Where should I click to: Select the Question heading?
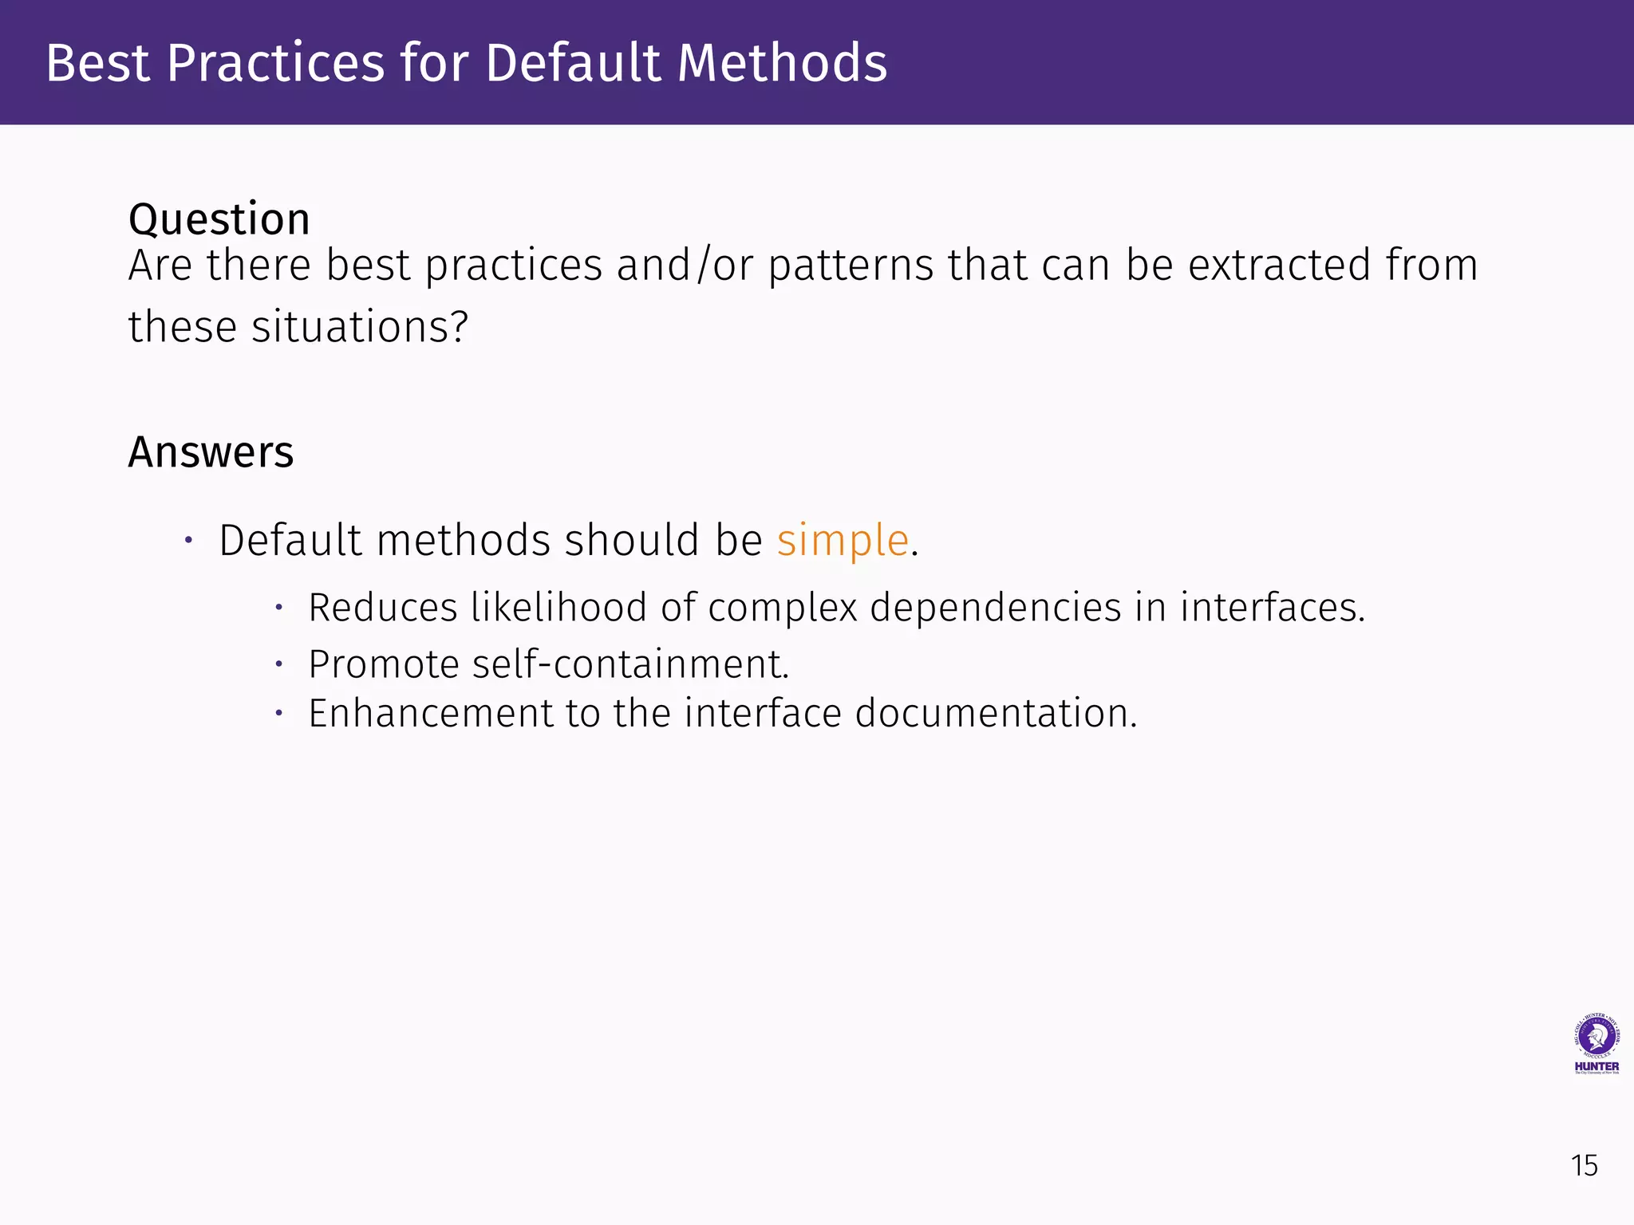click(x=219, y=219)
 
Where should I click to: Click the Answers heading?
click(x=211, y=452)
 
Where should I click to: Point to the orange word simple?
click(x=843, y=541)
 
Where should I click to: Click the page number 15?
click(x=1585, y=1166)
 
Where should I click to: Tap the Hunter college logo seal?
click(x=1597, y=1037)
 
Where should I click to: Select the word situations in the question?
click(x=359, y=327)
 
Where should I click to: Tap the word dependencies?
click(x=996, y=609)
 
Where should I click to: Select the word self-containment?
click(x=630, y=664)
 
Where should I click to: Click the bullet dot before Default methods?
click(x=188, y=541)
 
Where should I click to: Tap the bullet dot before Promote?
click(x=279, y=664)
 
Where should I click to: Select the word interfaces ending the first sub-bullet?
click(x=1273, y=608)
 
